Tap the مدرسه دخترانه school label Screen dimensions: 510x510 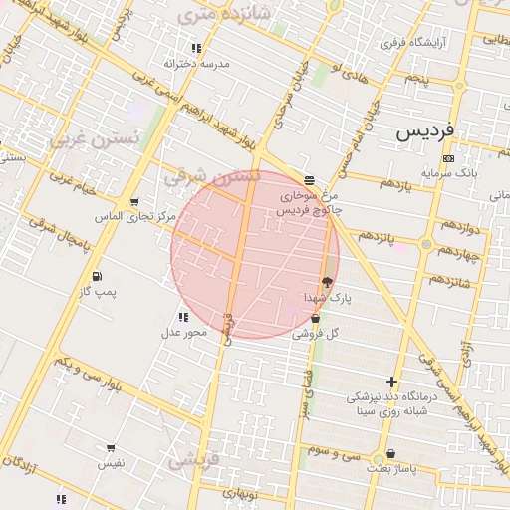[197, 63]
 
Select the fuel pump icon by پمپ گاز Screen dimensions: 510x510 [96, 276]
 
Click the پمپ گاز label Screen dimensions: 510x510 [99, 291]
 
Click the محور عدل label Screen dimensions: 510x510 [183, 332]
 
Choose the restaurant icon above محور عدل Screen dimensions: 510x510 [182, 317]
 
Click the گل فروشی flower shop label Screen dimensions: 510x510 [315, 334]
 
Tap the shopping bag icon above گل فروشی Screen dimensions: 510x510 [316, 319]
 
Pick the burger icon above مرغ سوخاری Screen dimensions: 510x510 [310, 180]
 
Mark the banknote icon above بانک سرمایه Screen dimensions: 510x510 [448, 158]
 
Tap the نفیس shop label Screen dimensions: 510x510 [111, 463]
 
